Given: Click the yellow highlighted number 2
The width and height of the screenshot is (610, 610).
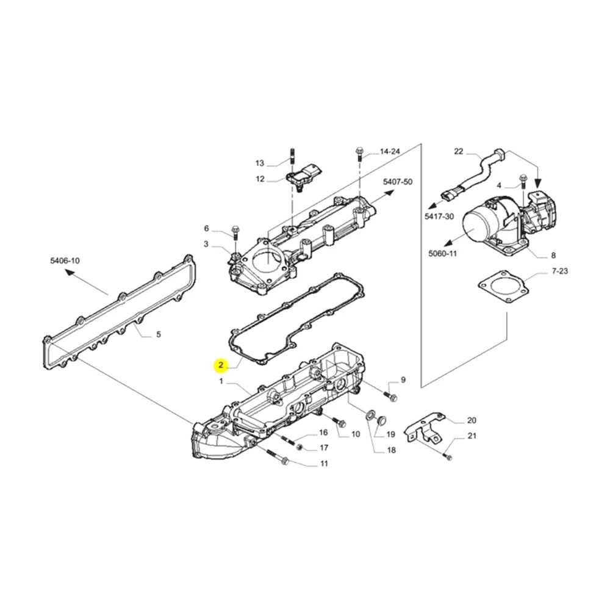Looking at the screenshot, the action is (221, 365).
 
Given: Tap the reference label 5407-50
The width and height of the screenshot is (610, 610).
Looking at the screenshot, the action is (398, 182).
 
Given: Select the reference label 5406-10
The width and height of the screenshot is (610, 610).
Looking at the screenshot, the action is (65, 260).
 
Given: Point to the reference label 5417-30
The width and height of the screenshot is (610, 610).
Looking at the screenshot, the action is (439, 216).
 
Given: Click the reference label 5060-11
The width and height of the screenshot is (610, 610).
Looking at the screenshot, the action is (442, 253).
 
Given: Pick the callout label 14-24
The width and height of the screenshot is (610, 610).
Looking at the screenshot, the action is (390, 151).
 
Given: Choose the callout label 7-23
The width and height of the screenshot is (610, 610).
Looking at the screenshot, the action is (560, 271).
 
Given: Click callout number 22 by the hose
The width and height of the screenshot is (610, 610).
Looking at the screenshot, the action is (459, 151).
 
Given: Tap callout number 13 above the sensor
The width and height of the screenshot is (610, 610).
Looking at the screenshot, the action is (260, 163).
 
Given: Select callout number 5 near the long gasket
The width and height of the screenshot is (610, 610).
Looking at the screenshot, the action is (159, 334).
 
